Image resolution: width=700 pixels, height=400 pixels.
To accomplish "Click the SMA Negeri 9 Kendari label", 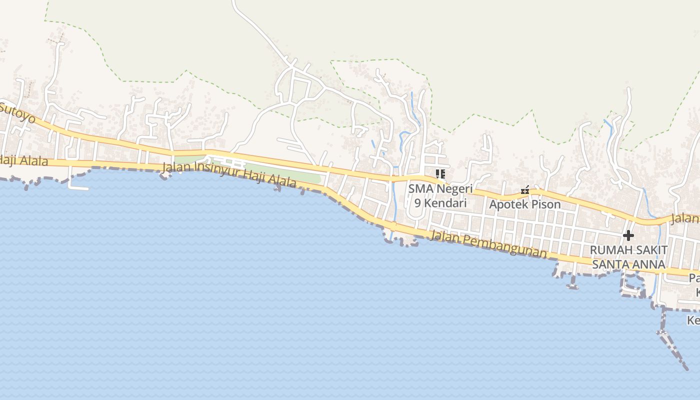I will pos(440,196).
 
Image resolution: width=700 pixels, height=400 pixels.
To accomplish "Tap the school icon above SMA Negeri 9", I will pos(440,174).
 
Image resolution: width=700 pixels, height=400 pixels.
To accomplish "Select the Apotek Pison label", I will pos(524,204).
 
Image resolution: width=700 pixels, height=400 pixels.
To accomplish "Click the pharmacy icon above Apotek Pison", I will pos(525,190).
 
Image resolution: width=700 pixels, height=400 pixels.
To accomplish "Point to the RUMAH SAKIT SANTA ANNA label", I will pos(628,257).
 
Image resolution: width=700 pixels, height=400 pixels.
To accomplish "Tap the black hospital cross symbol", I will pos(628,235).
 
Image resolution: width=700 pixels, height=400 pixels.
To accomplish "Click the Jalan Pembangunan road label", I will pos(488,244).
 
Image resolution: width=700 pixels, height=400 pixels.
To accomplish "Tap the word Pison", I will pos(544,204).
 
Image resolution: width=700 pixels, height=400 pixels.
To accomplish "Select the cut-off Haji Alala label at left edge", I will pos(24,160).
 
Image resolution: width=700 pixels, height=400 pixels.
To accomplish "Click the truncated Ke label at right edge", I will pos(693,320).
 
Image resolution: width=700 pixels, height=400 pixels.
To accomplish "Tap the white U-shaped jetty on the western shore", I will pos(77,182).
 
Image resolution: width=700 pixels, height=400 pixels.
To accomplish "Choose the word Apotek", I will pos(505,204).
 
